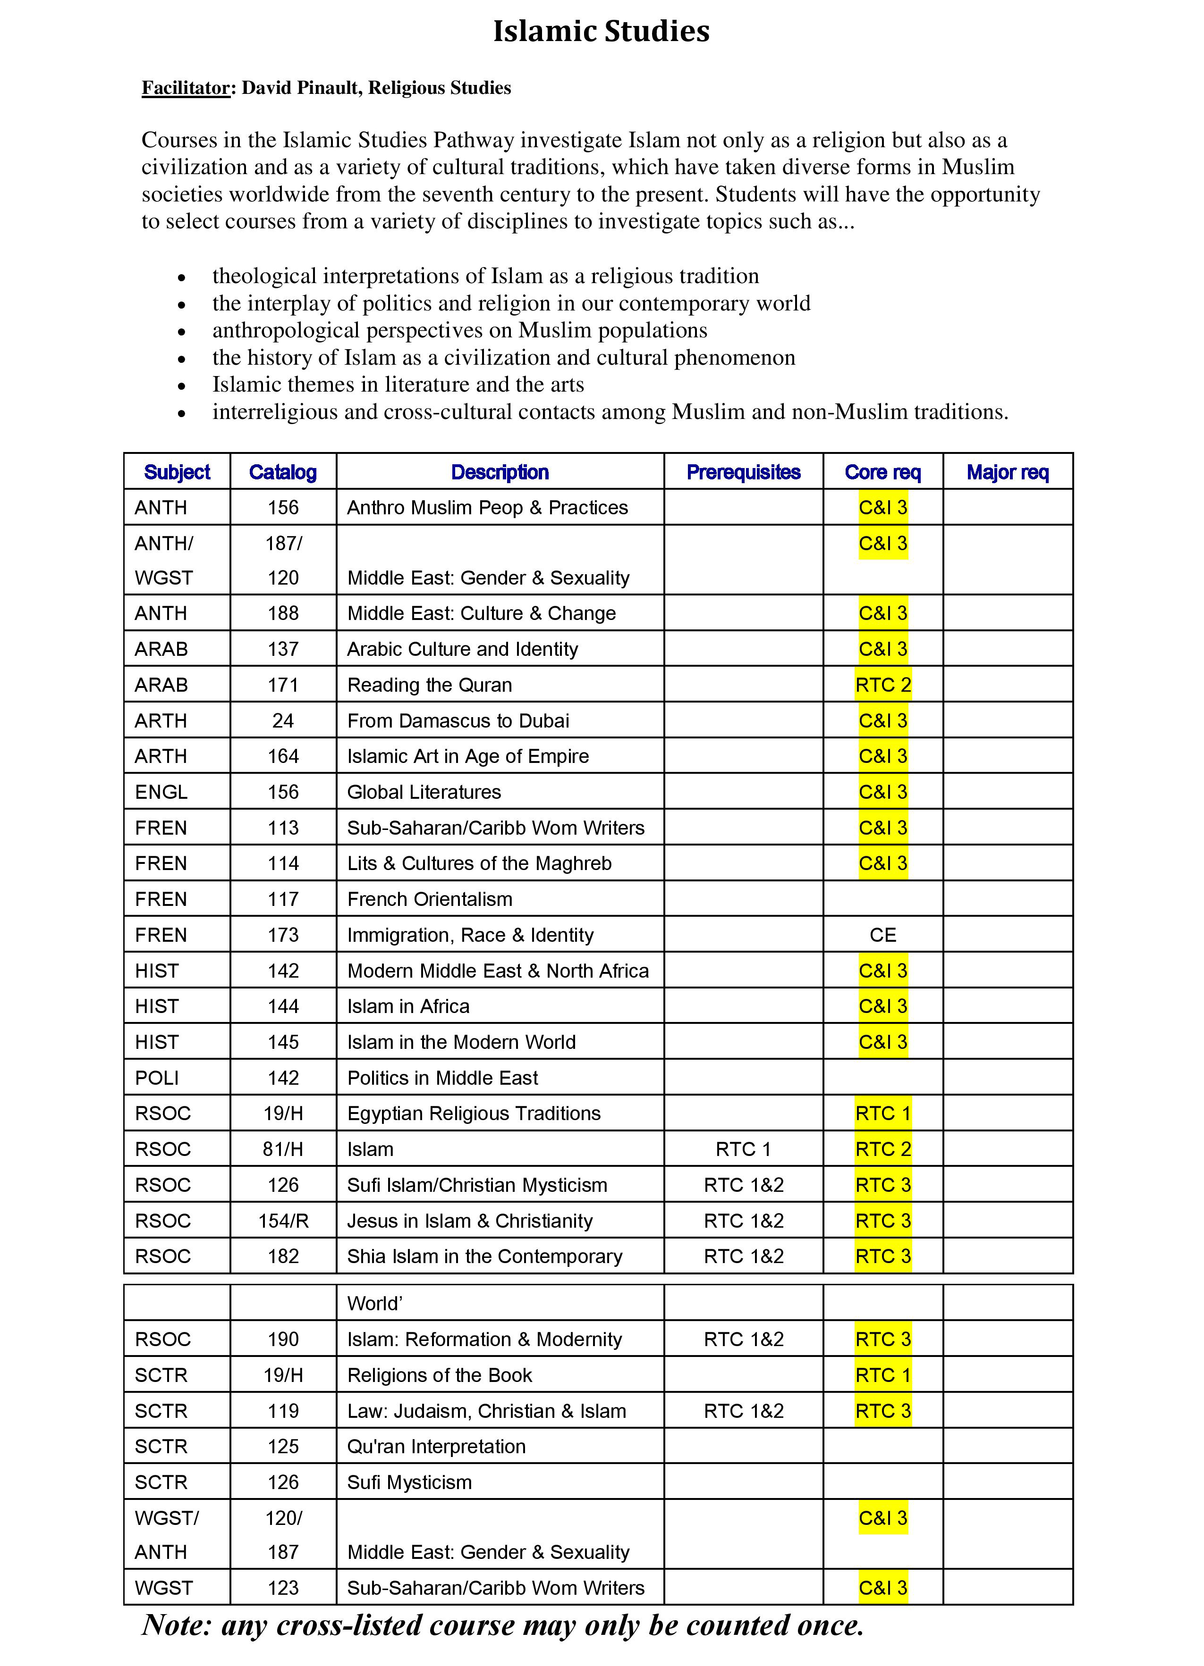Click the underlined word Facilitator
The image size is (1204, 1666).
click(x=186, y=88)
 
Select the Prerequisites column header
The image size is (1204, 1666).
click(x=743, y=472)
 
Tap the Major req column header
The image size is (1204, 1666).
click(x=1007, y=472)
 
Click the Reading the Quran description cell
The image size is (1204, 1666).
click(x=429, y=685)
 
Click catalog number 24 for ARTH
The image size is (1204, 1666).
click(x=283, y=720)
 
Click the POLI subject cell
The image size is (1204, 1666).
click(x=157, y=1078)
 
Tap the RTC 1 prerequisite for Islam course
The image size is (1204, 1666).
click(x=743, y=1149)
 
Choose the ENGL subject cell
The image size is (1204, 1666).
click(x=161, y=792)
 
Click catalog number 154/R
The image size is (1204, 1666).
click(x=283, y=1221)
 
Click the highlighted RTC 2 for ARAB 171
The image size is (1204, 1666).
click(x=883, y=685)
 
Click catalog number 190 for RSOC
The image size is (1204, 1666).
click(x=283, y=1339)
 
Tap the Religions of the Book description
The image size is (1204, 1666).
click(x=439, y=1375)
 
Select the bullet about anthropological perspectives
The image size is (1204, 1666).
click(x=459, y=331)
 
